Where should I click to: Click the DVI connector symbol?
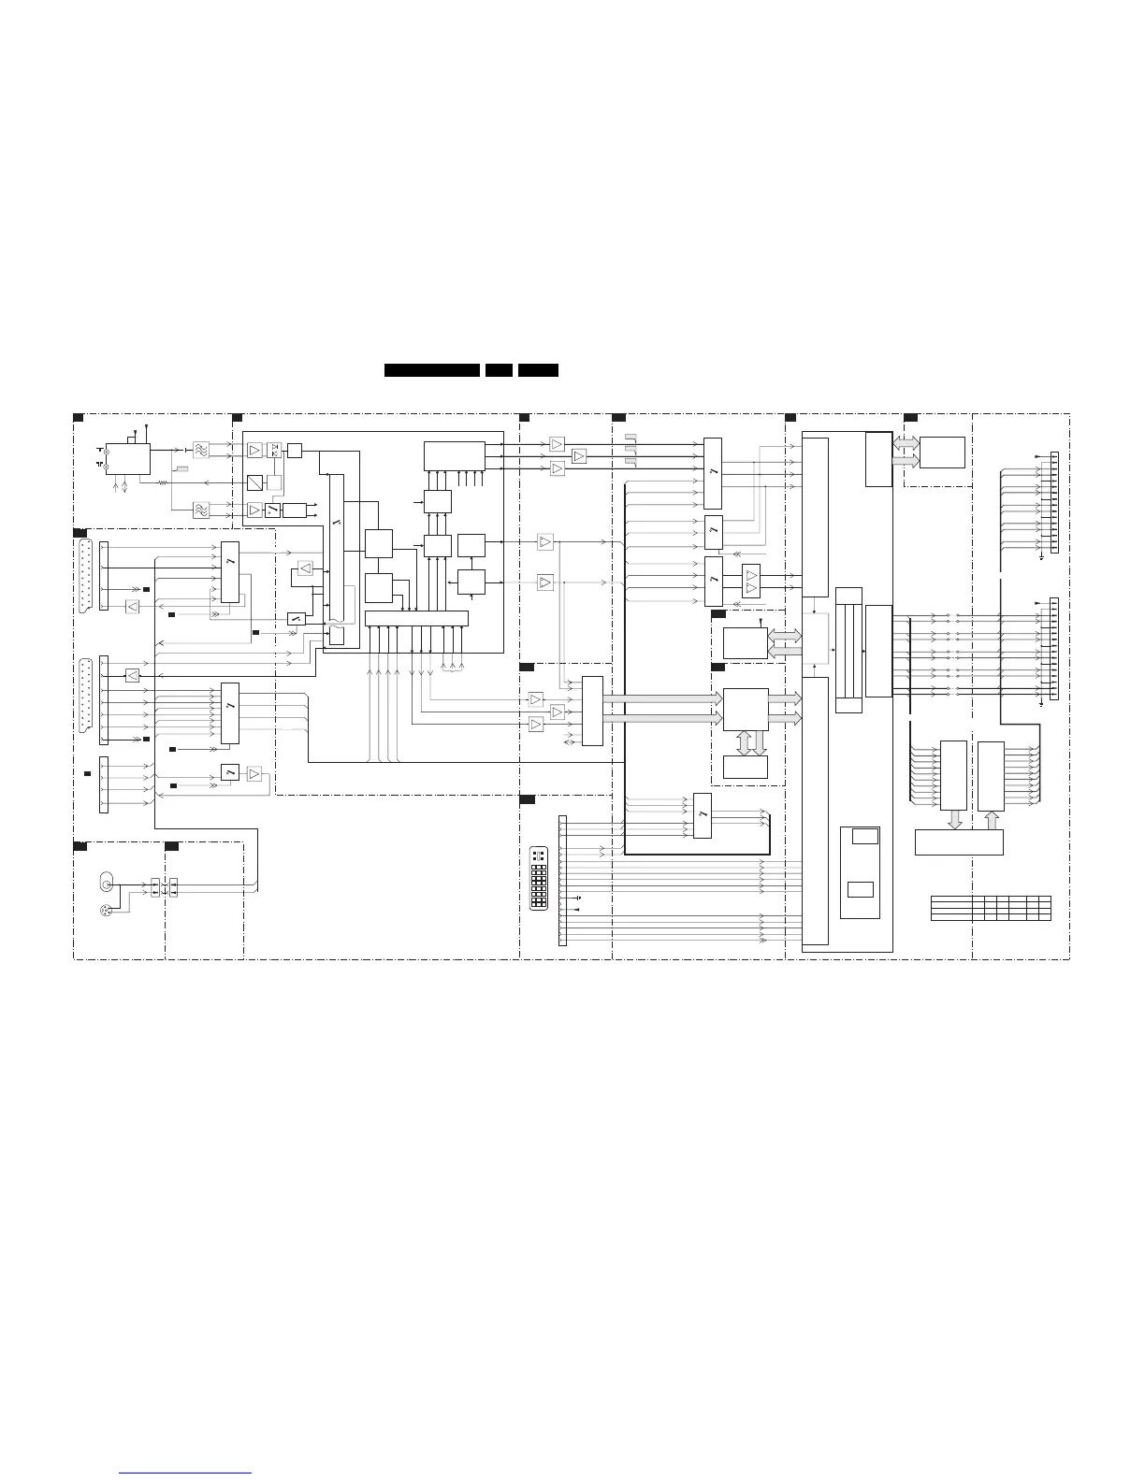point(539,879)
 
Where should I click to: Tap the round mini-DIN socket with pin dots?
point(106,911)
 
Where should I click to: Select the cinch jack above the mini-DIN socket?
point(107,884)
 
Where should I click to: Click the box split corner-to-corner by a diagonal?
point(255,482)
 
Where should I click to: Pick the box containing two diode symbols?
point(274,451)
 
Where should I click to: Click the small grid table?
point(991,908)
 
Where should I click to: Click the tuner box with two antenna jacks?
point(127,458)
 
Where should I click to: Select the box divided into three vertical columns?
point(848,650)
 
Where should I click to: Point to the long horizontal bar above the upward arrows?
point(415,618)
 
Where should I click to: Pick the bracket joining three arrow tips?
point(452,668)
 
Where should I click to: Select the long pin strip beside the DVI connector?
point(562,880)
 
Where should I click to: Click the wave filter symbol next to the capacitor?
point(200,451)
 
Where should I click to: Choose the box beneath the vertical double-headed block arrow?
point(745,767)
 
